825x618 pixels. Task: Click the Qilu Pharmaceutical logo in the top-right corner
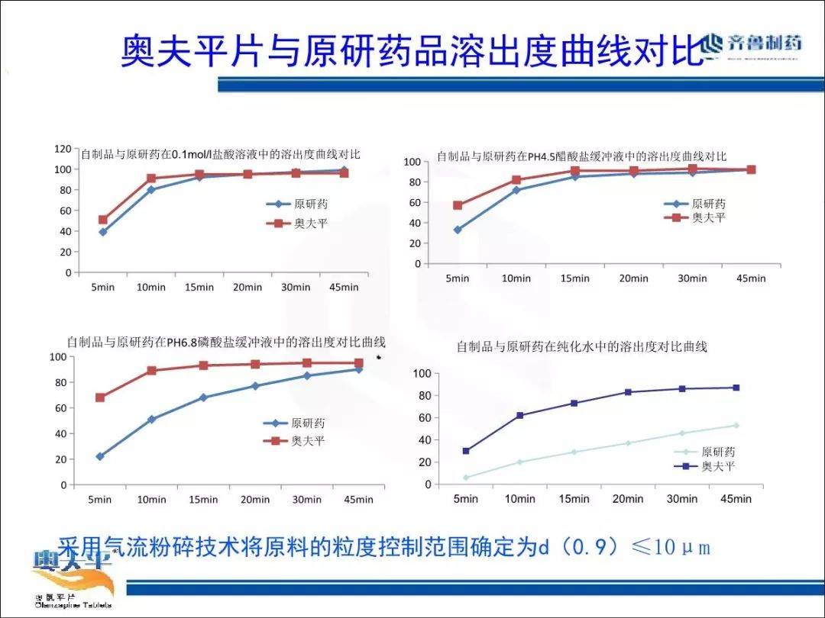[x=752, y=44]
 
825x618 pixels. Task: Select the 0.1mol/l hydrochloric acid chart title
[x=221, y=154]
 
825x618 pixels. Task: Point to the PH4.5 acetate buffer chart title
[x=581, y=156]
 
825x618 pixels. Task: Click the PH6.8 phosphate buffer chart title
[x=226, y=342]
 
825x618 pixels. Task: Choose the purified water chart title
[x=581, y=346]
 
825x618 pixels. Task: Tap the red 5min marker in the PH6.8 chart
[x=100, y=398]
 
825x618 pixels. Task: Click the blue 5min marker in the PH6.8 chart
[x=100, y=456]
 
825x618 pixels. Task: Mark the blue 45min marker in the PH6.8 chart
[x=359, y=369]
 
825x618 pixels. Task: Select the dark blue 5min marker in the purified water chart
[x=466, y=451]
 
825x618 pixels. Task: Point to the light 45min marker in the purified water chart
[x=736, y=425]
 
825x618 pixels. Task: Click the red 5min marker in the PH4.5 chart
[x=458, y=205]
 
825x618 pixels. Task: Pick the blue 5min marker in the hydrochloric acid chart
[x=103, y=232]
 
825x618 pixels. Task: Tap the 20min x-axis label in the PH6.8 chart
[x=255, y=500]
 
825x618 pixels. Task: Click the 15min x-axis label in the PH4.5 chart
[x=575, y=278]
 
